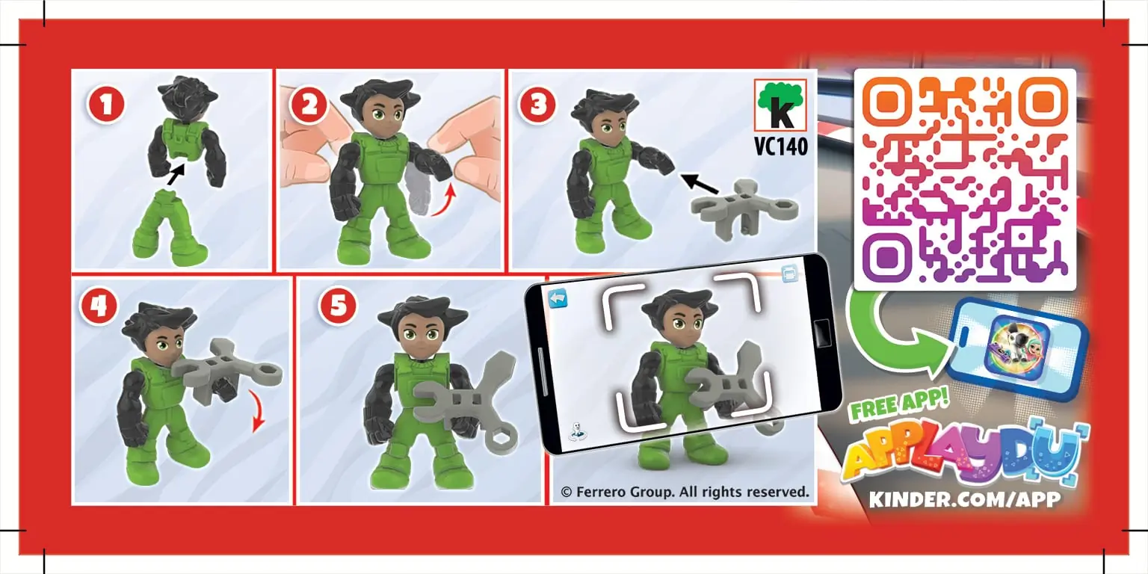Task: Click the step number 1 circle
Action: (x=106, y=105)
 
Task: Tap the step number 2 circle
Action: (x=309, y=105)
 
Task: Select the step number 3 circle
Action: (x=538, y=105)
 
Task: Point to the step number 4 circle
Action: (x=99, y=306)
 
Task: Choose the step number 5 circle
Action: (x=339, y=306)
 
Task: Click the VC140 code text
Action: (x=781, y=146)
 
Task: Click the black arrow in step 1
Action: (x=176, y=174)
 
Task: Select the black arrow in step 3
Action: (x=699, y=183)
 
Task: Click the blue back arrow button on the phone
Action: (x=558, y=298)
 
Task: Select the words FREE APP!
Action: (x=899, y=404)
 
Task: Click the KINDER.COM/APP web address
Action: (x=965, y=499)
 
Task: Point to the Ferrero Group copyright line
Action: (x=685, y=492)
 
